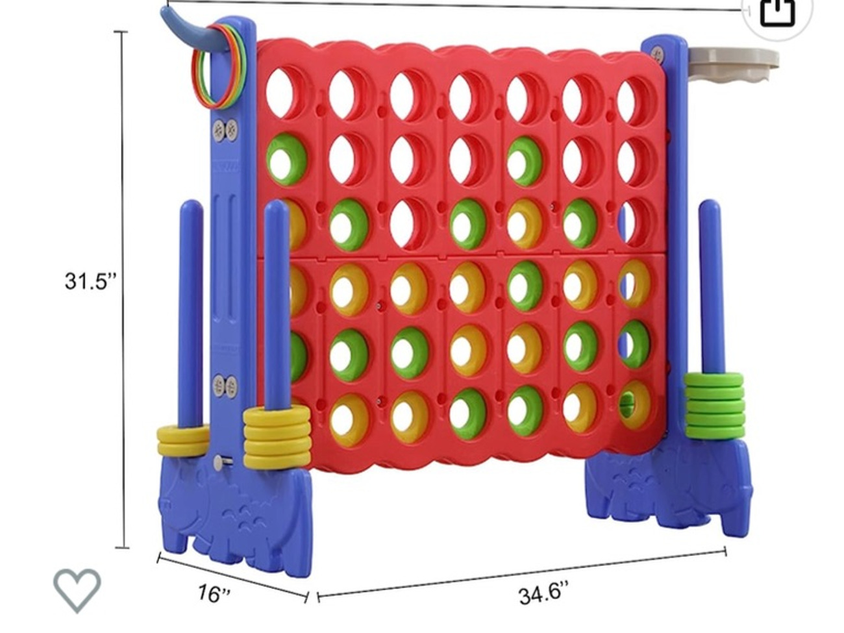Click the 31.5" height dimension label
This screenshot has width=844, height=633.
90,281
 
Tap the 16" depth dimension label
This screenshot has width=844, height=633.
214,593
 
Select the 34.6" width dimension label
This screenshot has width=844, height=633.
543,594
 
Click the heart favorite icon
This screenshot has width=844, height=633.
77,590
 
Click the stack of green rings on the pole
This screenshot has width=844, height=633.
714,406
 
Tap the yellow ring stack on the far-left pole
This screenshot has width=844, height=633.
182,441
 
